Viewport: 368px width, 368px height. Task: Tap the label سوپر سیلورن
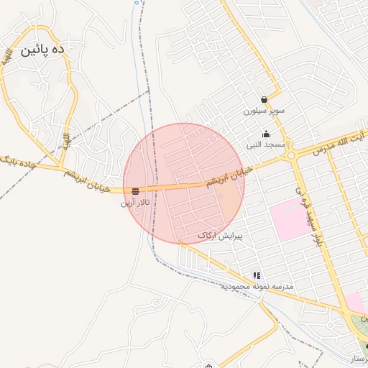(264, 111)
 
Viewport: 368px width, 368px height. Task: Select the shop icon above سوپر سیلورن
(264, 100)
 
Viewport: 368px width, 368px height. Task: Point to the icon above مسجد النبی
(267, 134)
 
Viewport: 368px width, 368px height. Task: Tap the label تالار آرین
(135, 203)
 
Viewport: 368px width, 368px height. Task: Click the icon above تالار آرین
(135, 191)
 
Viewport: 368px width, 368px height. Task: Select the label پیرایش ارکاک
(220, 235)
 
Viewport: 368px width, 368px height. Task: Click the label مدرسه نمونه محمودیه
(257, 286)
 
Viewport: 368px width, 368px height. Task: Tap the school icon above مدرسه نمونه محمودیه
(257, 275)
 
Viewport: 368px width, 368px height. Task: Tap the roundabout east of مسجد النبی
(291, 155)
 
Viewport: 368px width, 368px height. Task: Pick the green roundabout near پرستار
(359, 328)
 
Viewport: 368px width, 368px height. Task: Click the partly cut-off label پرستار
(356, 358)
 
